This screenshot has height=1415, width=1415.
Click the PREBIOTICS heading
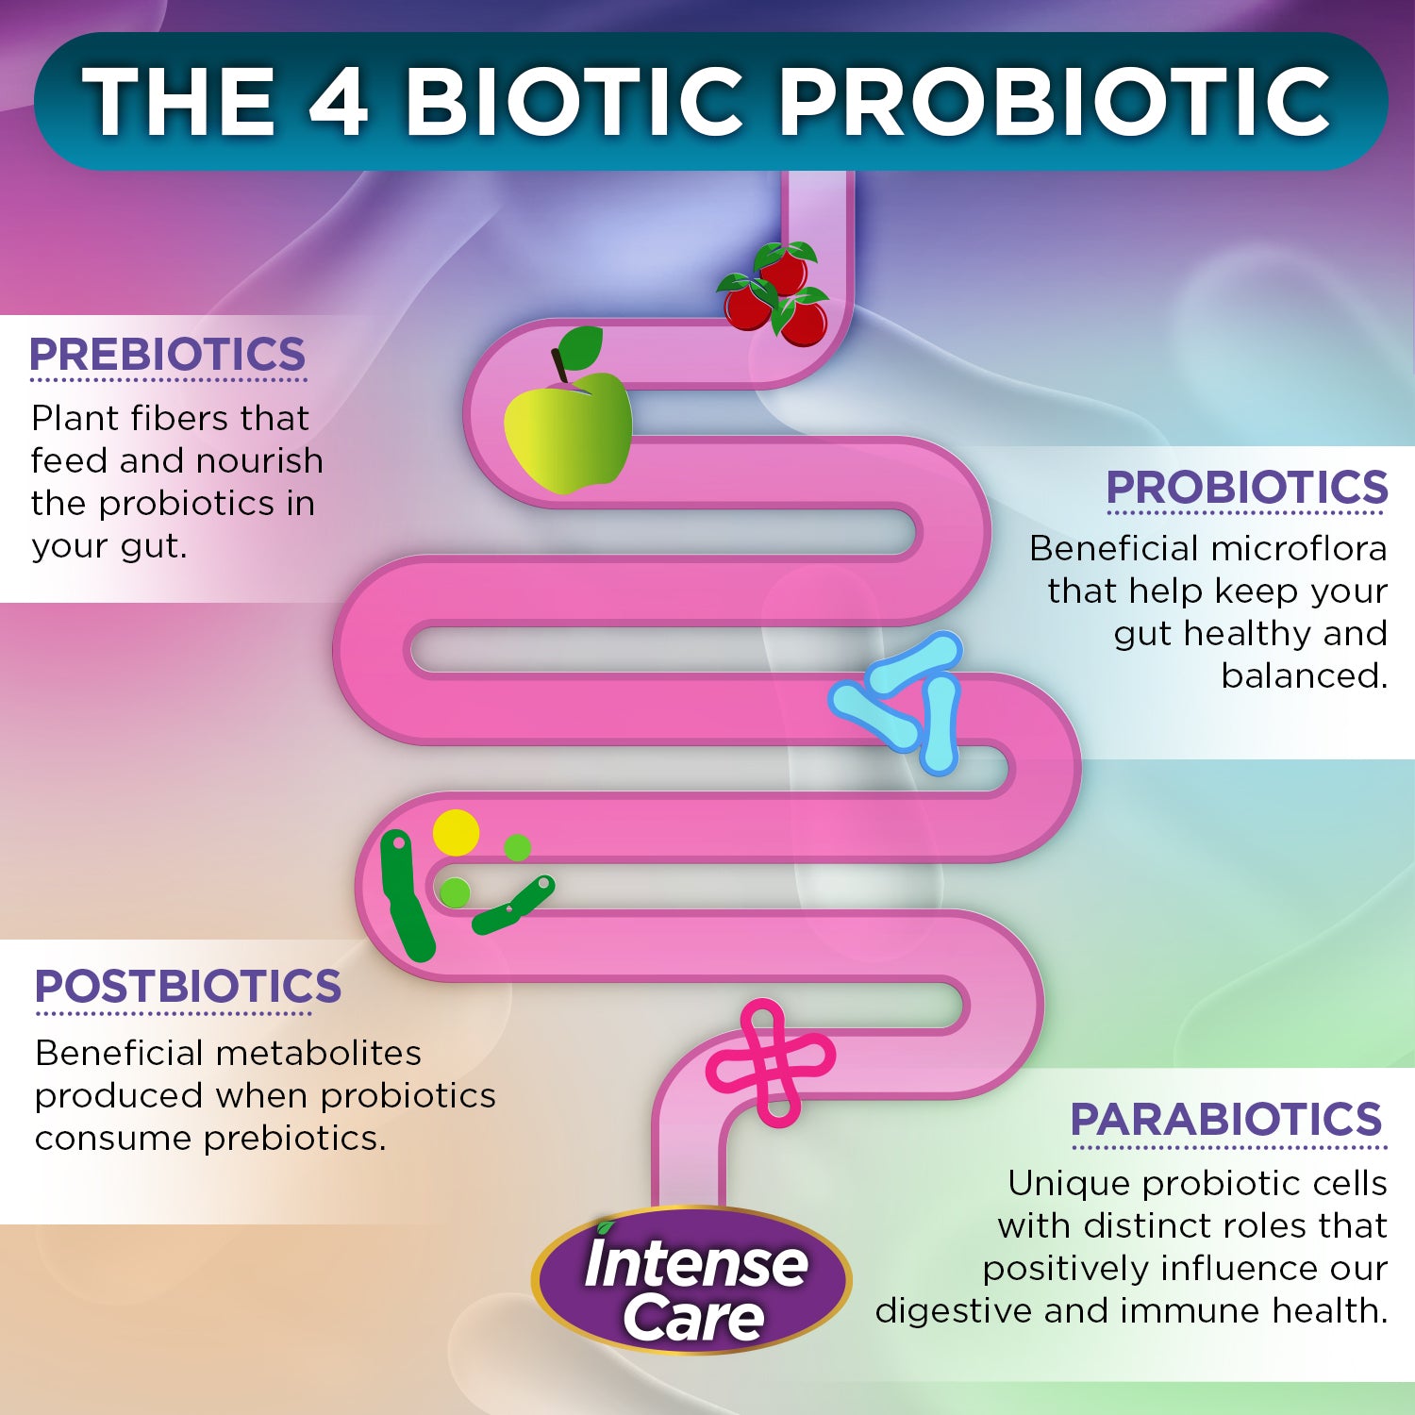[x=168, y=355]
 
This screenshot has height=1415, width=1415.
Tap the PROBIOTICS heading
[x=1247, y=488]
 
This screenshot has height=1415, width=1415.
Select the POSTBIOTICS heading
[x=188, y=987]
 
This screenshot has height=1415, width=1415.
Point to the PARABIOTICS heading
[x=1226, y=1120]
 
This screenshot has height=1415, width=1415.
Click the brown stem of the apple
[x=559, y=365]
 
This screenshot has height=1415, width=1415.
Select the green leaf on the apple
[x=581, y=348]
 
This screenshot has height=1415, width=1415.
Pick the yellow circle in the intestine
[x=457, y=833]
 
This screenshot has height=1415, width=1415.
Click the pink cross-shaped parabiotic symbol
[x=770, y=1063]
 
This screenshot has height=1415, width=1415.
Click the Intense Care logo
[x=691, y=1280]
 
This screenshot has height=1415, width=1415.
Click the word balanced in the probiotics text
[x=1304, y=675]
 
